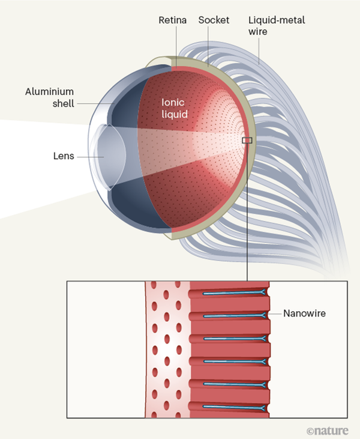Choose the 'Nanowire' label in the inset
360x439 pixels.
click(304, 314)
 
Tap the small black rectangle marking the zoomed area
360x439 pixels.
click(247, 141)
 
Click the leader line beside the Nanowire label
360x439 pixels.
click(276, 314)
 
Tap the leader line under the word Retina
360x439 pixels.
click(175, 42)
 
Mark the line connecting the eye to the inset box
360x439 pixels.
click(247, 210)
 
